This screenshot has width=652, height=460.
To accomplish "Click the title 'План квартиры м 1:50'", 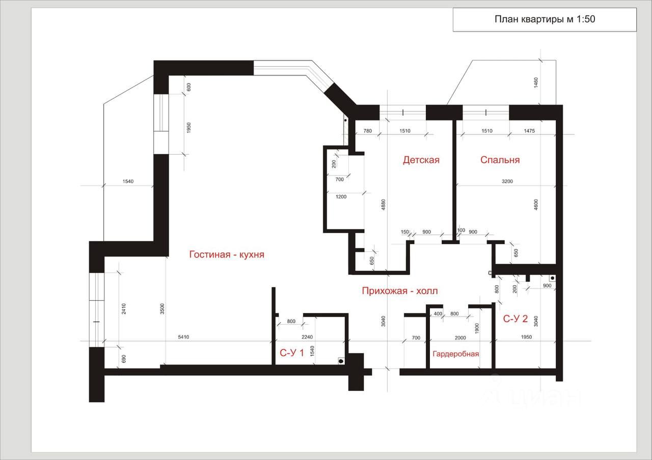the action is [x=545, y=20].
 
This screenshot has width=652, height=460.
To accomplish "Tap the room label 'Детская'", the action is [x=421, y=160].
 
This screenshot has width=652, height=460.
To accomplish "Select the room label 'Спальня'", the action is [x=500, y=160].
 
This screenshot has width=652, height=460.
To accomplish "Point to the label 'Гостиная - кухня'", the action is [x=227, y=254].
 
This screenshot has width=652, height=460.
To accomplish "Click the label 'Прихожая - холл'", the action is [x=400, y=291].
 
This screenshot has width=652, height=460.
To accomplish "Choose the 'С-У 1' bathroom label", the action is [x=292, y=353].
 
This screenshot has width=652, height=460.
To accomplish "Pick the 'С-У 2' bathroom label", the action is [x=515, y=319].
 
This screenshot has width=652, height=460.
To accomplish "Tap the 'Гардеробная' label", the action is [x=456, y=354].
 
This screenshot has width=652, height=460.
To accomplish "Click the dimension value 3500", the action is [x=162, y=308].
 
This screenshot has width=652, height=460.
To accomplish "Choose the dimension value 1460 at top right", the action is [x=536, y=82].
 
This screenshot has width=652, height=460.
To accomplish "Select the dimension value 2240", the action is [x=307, y=337].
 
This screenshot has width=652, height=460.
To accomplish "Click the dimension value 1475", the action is [x=529, y=131].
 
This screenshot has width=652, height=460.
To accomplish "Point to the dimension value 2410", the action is [x=124, y=308].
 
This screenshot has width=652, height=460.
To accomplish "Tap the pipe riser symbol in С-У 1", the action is [x=340, y=360].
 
